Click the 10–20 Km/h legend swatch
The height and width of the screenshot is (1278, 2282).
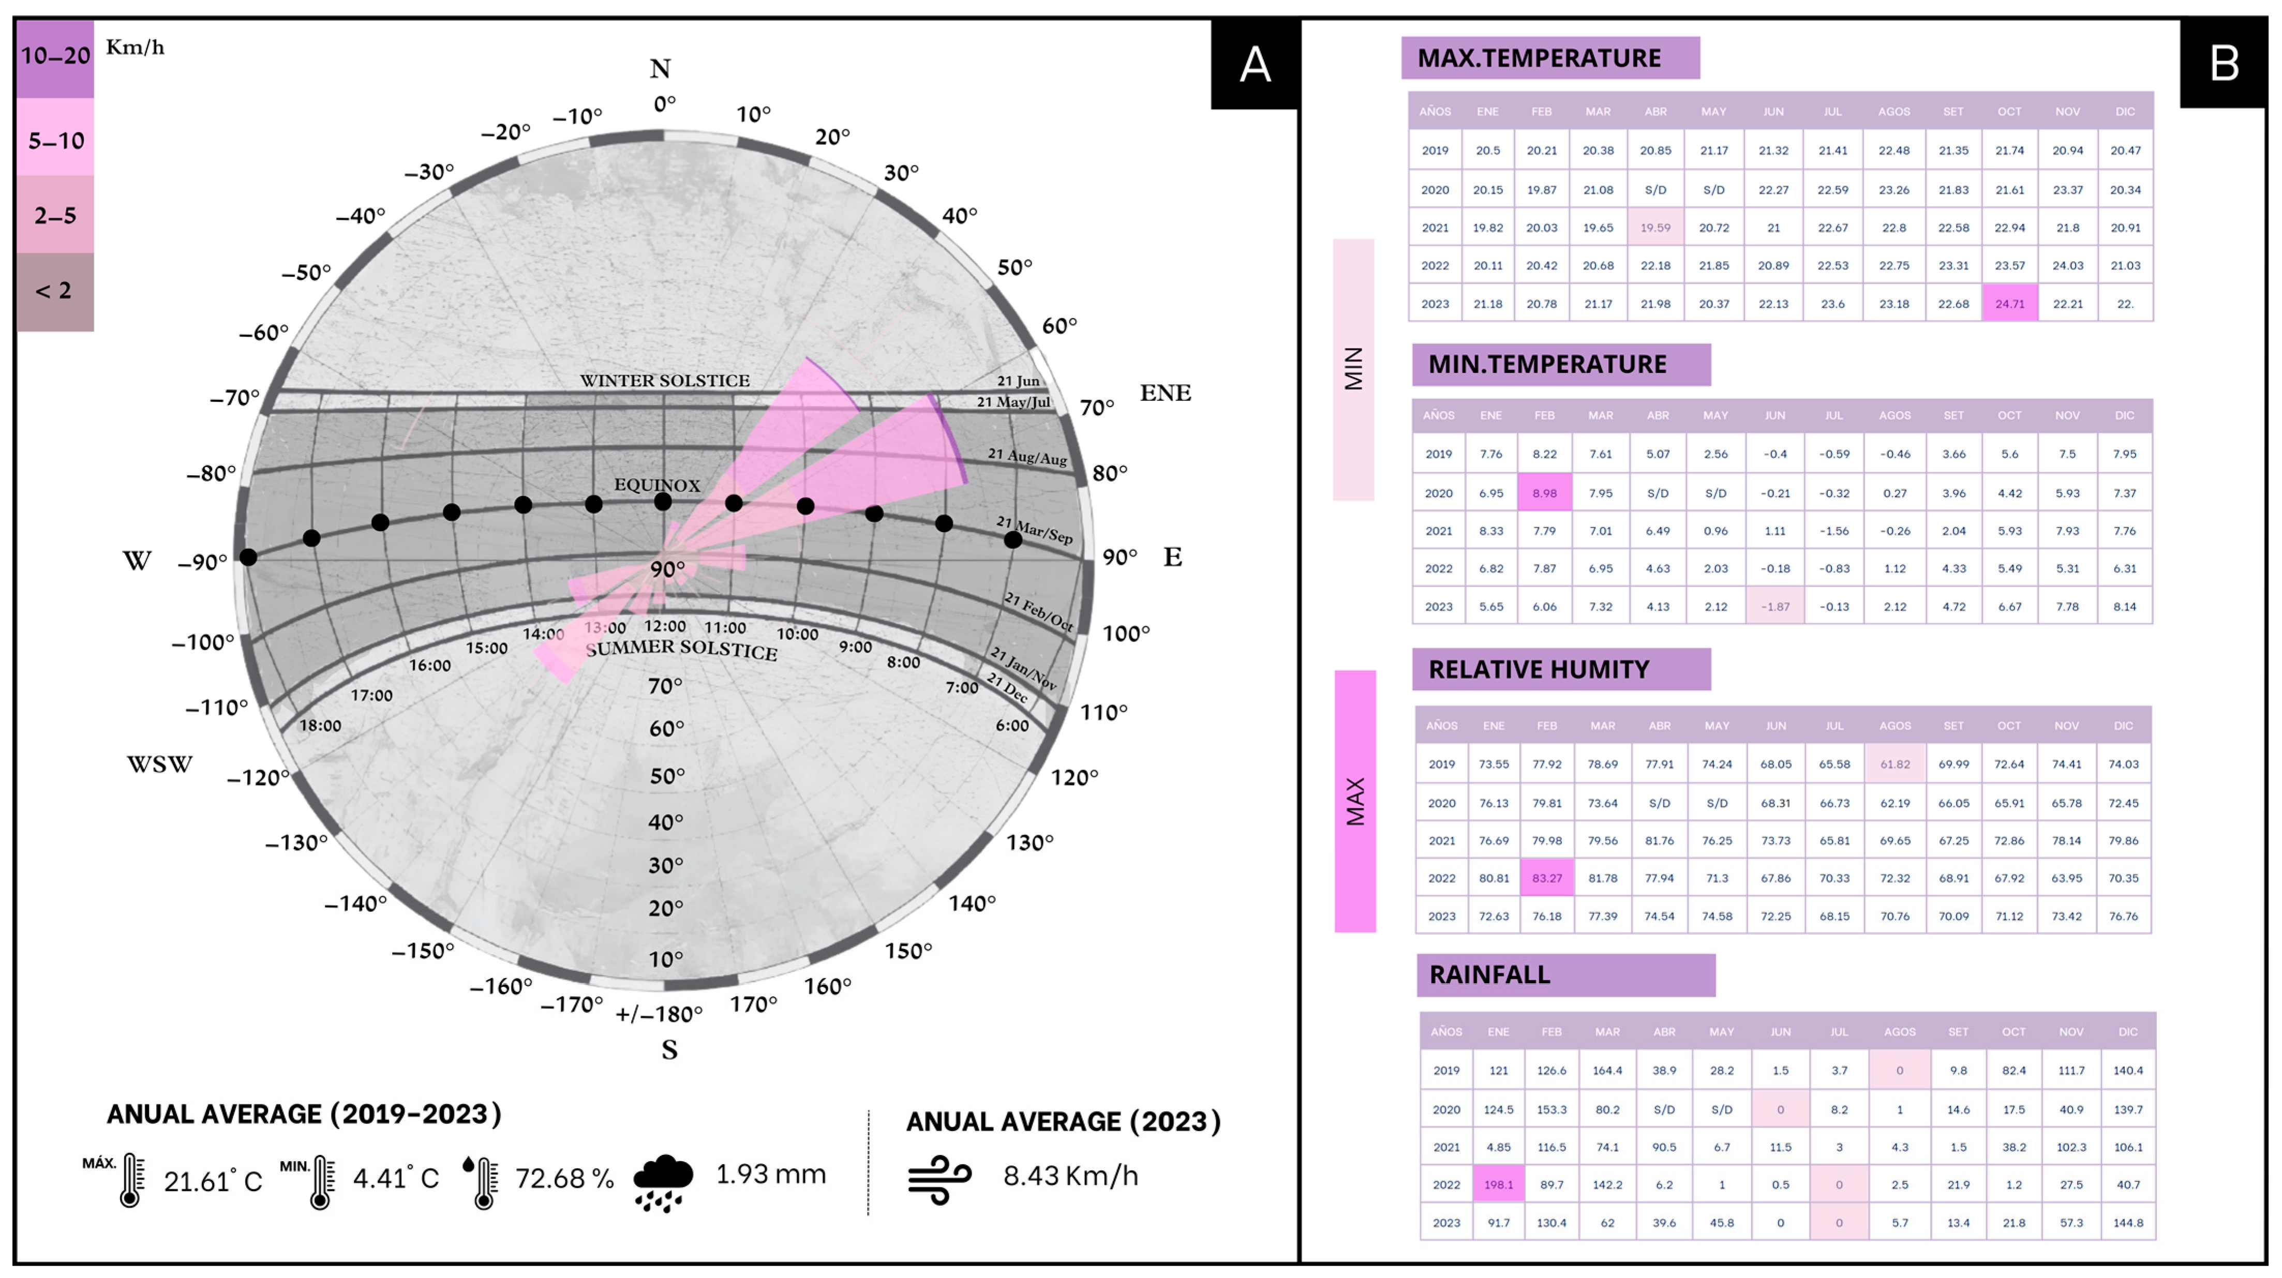point(55,57)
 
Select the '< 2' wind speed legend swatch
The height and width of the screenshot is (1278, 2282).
point(55,291)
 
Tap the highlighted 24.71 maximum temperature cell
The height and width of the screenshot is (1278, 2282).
point(2009,304)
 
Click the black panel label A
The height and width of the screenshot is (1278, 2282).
point(1255,64)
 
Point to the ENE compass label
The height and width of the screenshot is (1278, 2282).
point(1165,393)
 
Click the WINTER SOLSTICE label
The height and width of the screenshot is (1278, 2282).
point(664,381)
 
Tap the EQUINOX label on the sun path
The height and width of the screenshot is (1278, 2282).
point(657,485)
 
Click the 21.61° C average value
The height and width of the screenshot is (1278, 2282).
point(213,1181)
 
